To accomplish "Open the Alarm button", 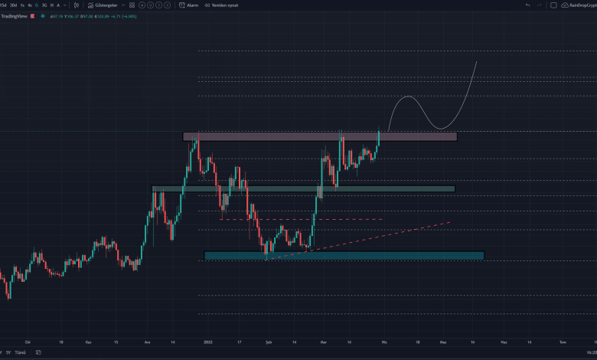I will [x=189, y=5].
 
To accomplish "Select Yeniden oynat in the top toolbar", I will [x=223, y=5].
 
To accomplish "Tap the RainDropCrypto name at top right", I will [x=581, y=5].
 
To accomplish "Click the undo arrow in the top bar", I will [x=527, y=5].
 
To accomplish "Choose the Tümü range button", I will [x=21, y=352].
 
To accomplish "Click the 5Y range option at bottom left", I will [x=7, y=352].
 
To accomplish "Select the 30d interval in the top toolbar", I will [x=13, y=5].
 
